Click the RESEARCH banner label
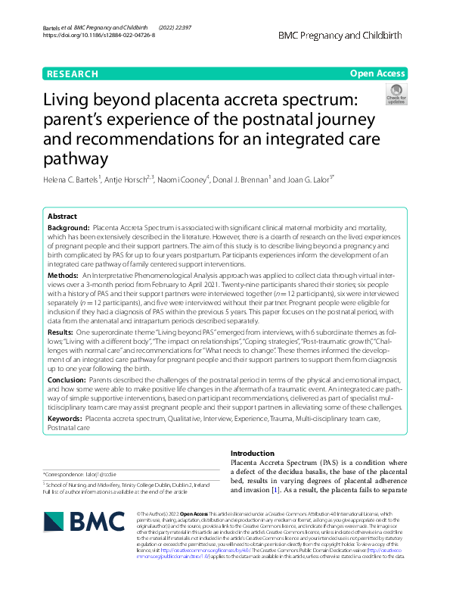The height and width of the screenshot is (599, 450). pos(72,73)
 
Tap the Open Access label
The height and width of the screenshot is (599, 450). pos(377,73)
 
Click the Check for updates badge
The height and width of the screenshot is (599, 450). pos(396,95)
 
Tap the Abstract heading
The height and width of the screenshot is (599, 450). pos(63,215)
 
